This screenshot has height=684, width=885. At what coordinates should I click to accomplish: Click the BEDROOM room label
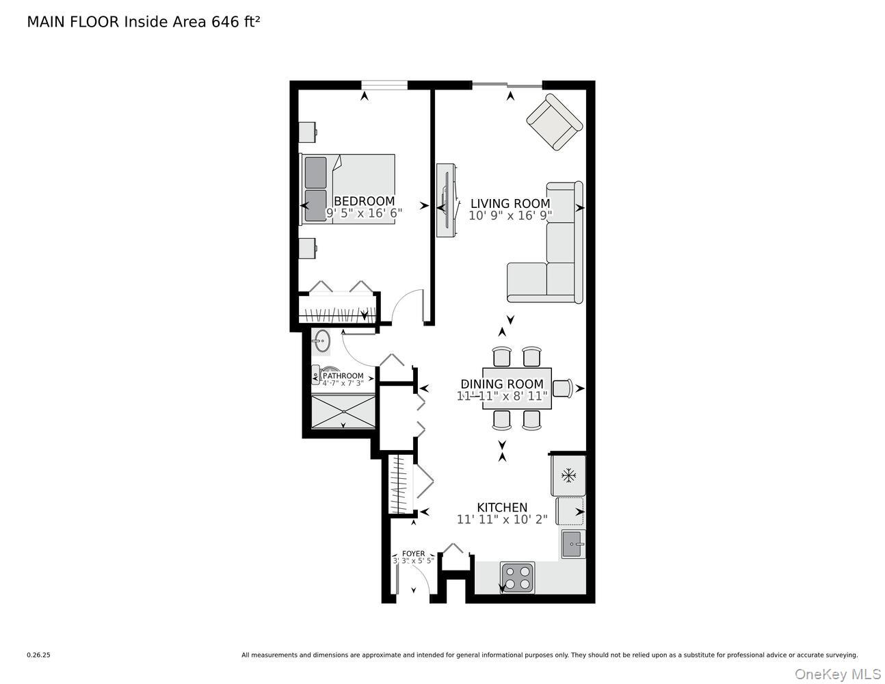[364, 201]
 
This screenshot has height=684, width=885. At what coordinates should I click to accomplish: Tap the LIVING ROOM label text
[510, 203]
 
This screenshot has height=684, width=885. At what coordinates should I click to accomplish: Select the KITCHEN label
[502, 507]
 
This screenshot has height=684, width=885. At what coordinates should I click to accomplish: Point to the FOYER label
[413, 553]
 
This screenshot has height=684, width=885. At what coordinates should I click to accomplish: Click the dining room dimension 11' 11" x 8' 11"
[502, 396]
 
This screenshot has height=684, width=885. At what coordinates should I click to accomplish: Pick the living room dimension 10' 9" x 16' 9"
[510, 215]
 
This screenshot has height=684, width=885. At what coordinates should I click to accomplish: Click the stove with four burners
[517, 577]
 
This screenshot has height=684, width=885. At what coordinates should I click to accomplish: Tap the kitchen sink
[572, 544]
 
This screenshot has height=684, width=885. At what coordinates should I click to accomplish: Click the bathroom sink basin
[321, 341]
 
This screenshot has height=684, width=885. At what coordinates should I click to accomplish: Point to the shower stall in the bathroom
[343, 411]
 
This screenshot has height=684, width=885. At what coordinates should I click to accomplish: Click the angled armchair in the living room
[554, 122]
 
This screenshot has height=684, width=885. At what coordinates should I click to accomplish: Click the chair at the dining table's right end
[562, 388]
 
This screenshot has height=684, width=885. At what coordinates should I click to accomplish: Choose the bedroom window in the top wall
[384, 85]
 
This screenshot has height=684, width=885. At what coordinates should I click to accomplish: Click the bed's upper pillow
[315, 172]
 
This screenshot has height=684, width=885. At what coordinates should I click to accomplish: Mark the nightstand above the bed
[308, 132]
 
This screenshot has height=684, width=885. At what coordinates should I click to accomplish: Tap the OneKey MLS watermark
[837, 674]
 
